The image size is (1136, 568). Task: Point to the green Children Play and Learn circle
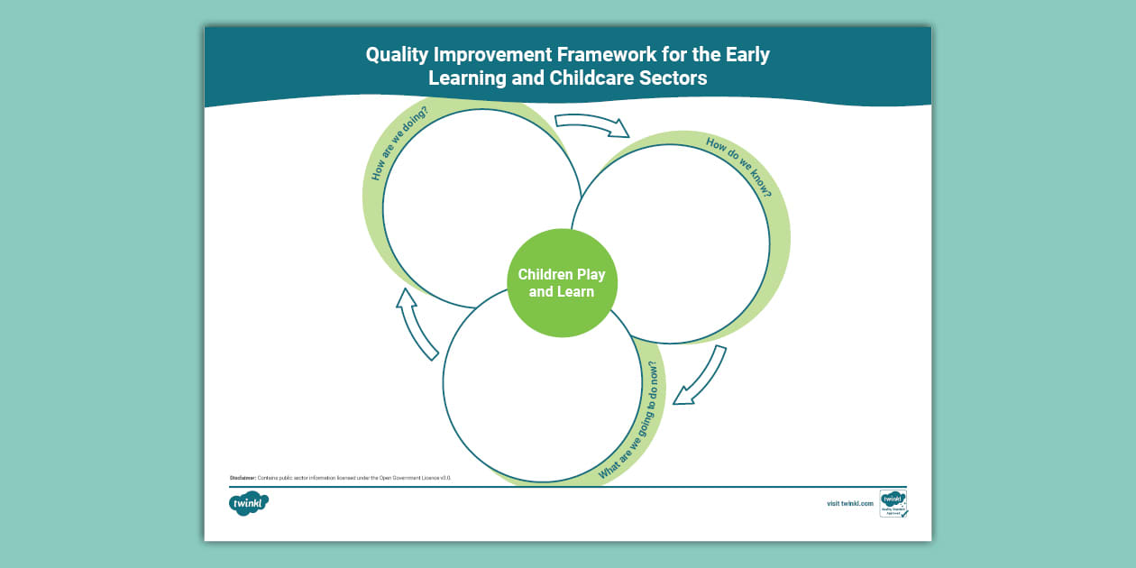(x=562, y=282)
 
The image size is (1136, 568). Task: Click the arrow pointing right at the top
(x=591, y=124)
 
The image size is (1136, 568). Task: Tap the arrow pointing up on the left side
(x=416, y=324)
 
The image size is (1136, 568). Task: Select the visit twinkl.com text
(x=850, y=503)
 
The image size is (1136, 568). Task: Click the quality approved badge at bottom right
(x=893, y=503)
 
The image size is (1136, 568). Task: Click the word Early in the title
(x=744, y=55)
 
